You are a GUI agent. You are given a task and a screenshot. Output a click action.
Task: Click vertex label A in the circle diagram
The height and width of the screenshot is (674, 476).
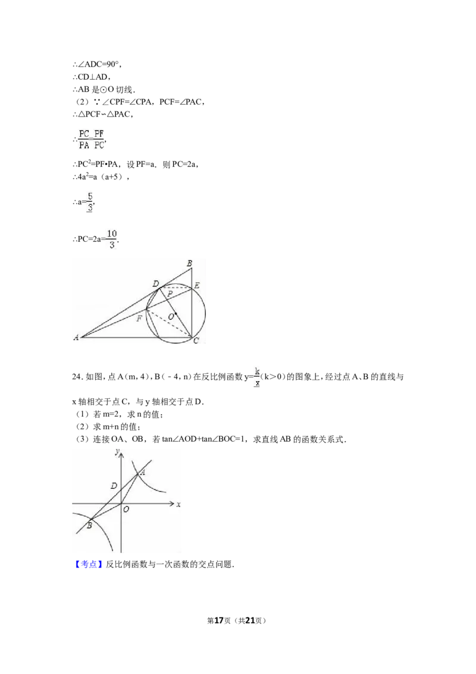coord(76,338)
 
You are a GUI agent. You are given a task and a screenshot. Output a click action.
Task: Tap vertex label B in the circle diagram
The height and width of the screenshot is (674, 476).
coord(189,263)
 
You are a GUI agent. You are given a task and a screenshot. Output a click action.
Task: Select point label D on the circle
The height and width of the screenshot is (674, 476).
coord(155,284)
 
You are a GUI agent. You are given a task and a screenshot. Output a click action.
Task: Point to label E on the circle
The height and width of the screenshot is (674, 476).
coord(196,286)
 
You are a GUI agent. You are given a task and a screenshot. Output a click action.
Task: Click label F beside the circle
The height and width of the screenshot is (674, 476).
coord(139,319)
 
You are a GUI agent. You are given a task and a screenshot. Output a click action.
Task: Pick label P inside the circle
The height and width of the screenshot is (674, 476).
coord(170,294)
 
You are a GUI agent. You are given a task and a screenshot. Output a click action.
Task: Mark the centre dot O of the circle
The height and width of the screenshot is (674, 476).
coord(176,314)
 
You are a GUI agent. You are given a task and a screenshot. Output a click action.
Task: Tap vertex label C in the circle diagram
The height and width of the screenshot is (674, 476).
coord(196,340)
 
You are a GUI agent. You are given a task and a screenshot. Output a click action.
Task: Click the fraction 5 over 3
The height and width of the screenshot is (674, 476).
coord(90,202)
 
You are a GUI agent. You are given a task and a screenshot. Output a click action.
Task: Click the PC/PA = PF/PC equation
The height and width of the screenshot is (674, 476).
coord(90,139)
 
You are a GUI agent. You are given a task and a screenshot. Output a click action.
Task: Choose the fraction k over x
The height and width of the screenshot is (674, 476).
coord(258,376)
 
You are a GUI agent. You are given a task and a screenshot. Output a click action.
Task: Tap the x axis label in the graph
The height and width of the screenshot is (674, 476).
coord(178,504)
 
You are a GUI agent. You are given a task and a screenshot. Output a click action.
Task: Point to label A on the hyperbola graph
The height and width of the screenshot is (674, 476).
coord(142,472)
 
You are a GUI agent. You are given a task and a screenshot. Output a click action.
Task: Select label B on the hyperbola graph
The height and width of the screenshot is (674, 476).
coord(89,525)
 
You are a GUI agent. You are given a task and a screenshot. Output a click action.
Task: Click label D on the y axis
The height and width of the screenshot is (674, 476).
coord(114,486)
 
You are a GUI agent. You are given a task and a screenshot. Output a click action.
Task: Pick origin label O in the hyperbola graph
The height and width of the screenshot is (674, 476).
coord(126,510)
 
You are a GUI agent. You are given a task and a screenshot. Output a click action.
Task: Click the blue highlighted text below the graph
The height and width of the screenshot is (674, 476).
coord(88,564)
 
